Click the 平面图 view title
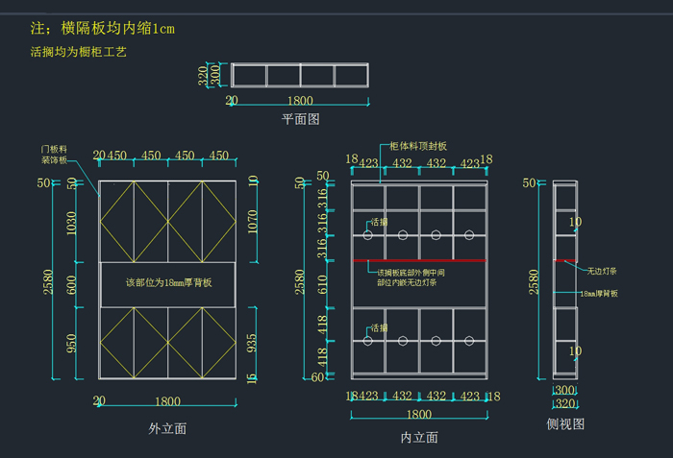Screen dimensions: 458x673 click(x=300, y=119)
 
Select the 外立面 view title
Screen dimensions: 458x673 click(x=168, y=428)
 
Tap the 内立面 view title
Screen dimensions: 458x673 click(x=419, y=437)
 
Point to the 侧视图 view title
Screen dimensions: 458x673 click(x=565, y=423)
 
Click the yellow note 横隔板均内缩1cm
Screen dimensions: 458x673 click(x=103, y=29)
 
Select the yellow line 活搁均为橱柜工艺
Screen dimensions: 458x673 click(x=79, y=52)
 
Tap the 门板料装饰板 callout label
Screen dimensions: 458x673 click(x=54, y=155)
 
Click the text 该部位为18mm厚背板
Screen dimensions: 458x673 click(x=168, y=283)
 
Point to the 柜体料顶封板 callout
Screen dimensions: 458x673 click(x=418, y=146)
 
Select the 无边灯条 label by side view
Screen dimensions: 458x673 click(x=605, y=271)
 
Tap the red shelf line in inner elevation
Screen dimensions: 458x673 click(x=419, y=259)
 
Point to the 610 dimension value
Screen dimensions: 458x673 click(x=324, y=283)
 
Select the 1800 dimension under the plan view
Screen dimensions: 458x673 click(x=300, y=100)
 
